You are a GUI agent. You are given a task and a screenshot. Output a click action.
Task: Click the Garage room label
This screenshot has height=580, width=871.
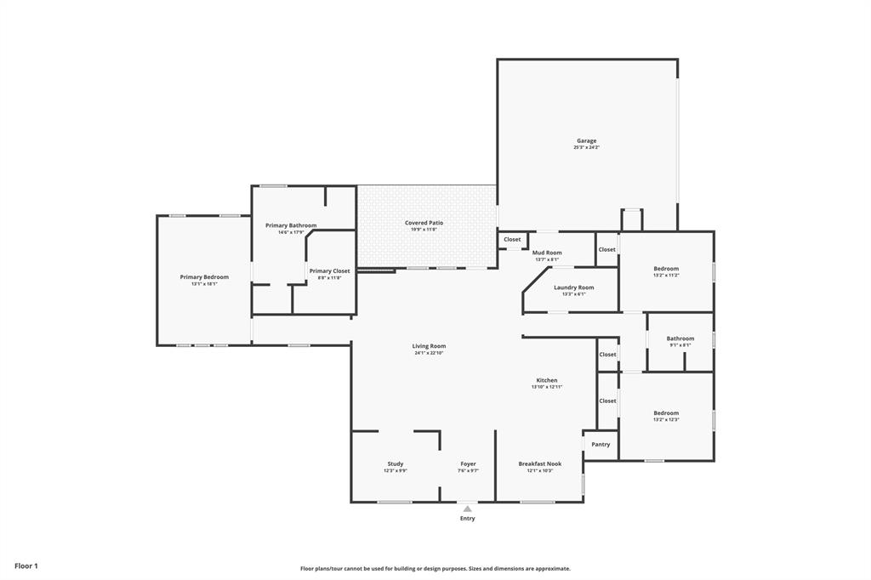(586, 141)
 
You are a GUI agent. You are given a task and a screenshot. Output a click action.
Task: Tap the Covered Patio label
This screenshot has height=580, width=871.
(424, 223)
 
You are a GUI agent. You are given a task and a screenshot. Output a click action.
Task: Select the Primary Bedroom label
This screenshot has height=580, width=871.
(204, 276)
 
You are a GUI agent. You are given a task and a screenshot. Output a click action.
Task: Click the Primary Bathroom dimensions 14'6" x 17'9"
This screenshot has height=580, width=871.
(290, 232)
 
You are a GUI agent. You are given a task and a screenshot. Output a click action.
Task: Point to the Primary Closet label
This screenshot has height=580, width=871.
(328, 270)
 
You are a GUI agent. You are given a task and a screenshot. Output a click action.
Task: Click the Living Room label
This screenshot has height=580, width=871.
(429, 346)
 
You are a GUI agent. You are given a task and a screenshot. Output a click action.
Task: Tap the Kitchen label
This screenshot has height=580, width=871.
(547, 380)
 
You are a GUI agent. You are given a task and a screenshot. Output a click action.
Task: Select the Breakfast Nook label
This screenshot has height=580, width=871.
(540, 463)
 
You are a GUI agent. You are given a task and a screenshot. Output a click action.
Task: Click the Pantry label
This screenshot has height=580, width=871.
(601, 444)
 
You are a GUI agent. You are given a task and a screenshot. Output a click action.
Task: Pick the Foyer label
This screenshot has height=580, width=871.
(469, 463)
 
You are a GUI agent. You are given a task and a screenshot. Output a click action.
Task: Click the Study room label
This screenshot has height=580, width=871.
(395, 463)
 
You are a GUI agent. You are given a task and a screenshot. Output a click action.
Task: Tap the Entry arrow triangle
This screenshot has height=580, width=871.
(467, 509)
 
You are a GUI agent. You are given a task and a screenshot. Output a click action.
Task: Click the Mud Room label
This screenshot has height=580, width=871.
(547, 253)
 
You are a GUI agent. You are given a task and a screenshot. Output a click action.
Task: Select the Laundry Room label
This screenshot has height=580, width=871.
(573, 287)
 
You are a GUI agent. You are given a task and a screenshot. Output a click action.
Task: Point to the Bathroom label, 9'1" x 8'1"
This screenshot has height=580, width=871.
(680, 338)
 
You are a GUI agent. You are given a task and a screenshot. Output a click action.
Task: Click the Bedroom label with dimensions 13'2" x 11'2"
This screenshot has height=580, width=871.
(666, 269)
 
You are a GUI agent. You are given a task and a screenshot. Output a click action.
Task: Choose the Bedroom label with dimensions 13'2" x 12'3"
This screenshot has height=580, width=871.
(666, 412)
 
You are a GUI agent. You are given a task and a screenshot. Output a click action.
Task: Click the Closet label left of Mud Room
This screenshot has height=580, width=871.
(512, 239)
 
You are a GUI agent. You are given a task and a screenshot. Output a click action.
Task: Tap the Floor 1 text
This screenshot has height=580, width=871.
(26, 566)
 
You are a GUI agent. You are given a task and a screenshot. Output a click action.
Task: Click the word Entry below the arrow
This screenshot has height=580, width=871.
(468, 518)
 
